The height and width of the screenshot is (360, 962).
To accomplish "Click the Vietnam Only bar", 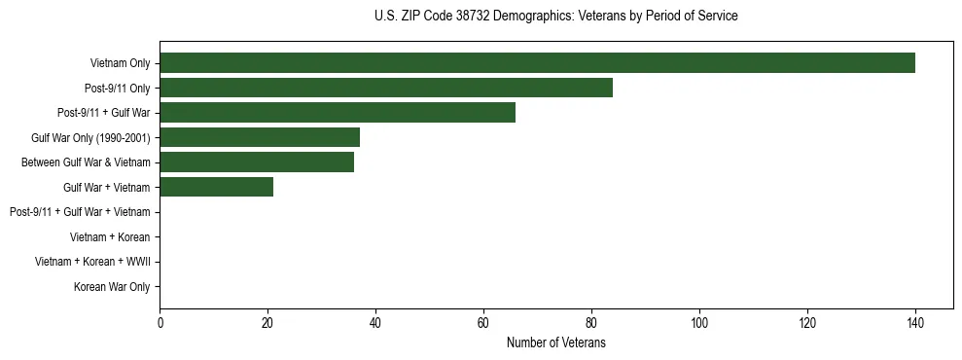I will [x=537, y=63].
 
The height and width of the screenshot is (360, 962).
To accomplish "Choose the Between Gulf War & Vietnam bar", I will [x=257, y=162].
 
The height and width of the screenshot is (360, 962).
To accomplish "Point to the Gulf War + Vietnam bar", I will [x=216, y=187].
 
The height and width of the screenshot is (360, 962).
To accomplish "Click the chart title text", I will [x=555, y=17].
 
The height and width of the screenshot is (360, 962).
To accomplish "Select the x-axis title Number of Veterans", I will [x=555, y=342].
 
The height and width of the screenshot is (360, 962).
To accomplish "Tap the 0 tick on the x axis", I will [x=160, y=323].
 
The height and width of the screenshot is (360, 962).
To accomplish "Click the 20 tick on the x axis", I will [x=267, y=323].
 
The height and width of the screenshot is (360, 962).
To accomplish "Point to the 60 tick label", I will [x=483, y=323].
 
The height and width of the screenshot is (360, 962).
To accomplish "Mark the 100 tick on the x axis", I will [x=698, y=323].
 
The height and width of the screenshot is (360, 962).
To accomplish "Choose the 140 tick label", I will [x=914, y=323].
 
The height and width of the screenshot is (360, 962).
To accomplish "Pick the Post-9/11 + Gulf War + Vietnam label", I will [x=80, y=212].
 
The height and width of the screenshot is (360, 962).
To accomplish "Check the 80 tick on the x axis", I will [x=590, y=323].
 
